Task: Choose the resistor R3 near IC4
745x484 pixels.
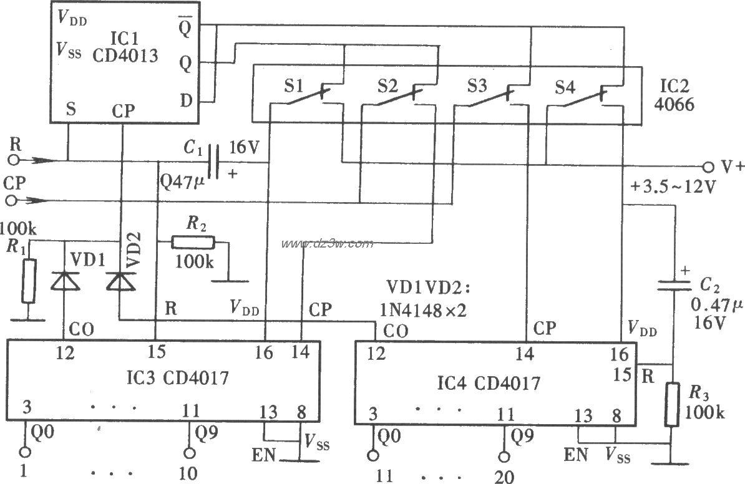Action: (x=672, y=405)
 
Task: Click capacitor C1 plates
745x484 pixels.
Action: (x=213, y=162)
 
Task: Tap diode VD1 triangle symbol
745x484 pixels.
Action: (x=66, y=282)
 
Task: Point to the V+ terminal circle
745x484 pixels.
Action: (x=708, y=167)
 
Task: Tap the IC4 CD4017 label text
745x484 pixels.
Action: (x=496, y=382)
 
